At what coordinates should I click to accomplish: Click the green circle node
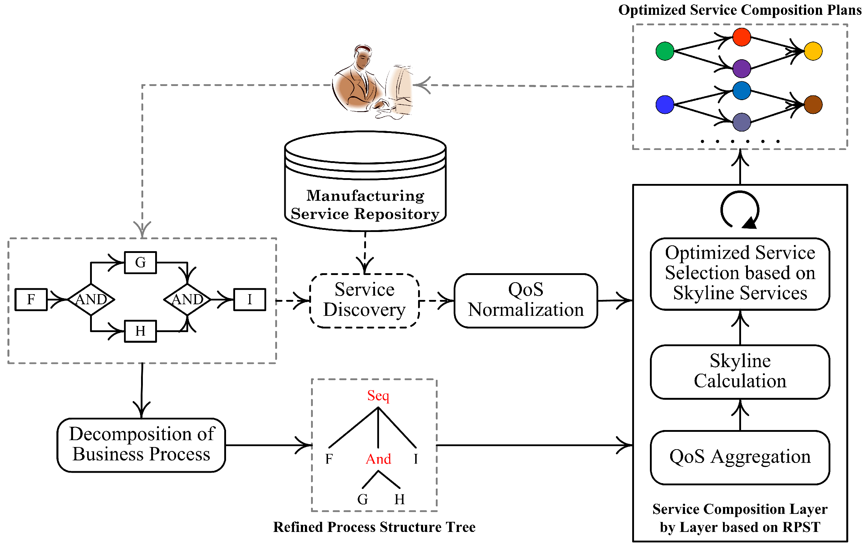click(664, 51)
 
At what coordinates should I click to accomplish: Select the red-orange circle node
click(741, 37)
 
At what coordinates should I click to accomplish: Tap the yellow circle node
click(813, 51)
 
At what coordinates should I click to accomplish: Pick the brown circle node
click(813, 105)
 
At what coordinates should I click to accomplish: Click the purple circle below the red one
click(741, 69)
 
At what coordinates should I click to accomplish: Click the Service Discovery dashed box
click(365, 300)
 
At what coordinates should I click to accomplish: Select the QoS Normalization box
click(526, 300)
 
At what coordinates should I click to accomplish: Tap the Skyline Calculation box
click(740, 371)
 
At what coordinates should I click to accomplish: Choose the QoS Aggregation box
click(740, 457)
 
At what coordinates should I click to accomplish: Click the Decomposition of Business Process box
click(141, 445)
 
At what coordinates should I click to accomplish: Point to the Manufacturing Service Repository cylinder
click(365, 181)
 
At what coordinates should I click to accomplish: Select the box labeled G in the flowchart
click(140, 263)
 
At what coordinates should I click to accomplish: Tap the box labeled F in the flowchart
click(31, 299)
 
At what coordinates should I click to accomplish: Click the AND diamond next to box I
click(187, 299)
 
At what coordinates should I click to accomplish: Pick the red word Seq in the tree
click(378, 396)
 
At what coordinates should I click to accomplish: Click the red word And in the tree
click(378, 459)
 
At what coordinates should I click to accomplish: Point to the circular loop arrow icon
click(740, 210)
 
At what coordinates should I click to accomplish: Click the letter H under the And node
click(399, 499)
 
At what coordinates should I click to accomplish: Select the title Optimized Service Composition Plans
click(740, 10)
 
